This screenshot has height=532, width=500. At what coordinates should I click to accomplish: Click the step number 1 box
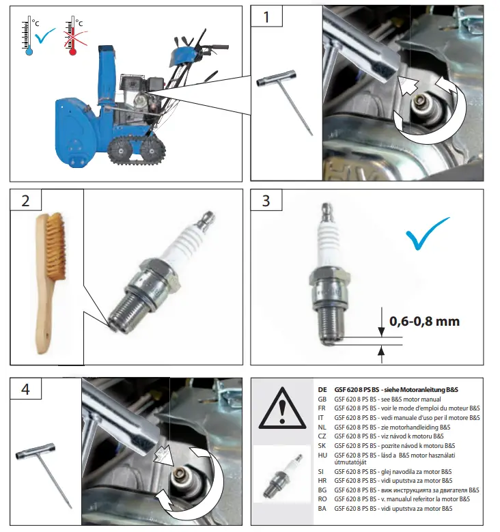pyautogui.click(x=266, y=16)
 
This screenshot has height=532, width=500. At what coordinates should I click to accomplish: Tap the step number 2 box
pyautogui.click(x=26, y=200)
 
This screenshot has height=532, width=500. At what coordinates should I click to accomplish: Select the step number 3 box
pyautogui.click(x=266, y=200)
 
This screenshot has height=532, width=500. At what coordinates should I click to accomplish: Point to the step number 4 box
pyautogui.click(x=26, y=389)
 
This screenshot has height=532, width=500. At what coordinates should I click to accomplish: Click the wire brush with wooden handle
pyautogui.click(x=50, y=282)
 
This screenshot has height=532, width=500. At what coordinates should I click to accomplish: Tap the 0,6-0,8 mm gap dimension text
pyautogui.click(x=424, y=321)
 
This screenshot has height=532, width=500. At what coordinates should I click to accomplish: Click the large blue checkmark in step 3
pyautogui.click(x=427, y=234)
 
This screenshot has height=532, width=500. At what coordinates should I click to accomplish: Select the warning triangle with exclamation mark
pyautogui.click(x=282, y=408)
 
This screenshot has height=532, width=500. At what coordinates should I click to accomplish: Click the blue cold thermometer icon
pyautogui.click(x=28, y=36)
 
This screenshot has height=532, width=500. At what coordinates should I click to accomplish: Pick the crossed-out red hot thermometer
pyautogui.click(x=72, y=36)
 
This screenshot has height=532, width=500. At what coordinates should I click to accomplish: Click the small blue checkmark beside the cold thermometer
pyautogui.click(x=45, y=36)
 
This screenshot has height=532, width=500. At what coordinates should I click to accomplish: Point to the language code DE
pyautogui.click(x=322, y=390)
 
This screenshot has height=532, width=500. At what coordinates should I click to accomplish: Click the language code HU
pyautogui.click(x=322, y=456)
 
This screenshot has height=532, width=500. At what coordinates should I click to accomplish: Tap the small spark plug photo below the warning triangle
pyautogui.click(x=282, y=474)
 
